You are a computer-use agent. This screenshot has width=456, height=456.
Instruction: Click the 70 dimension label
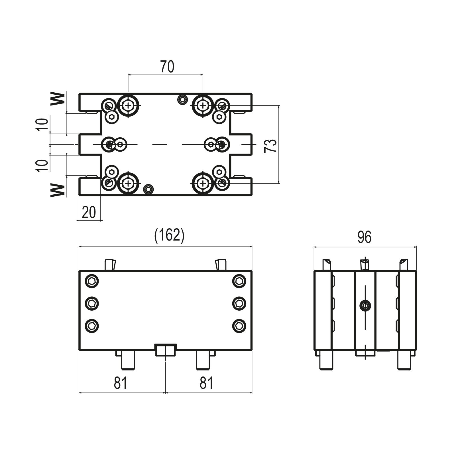click(167, 67)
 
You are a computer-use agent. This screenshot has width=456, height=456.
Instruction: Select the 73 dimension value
click(270, 146)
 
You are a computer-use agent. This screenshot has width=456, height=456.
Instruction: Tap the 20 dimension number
click(89, 212)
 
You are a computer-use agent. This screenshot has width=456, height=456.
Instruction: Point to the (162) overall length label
click(169, 236)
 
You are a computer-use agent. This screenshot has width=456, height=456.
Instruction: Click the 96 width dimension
click(365, 237)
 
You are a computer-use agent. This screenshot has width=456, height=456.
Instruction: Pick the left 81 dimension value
click(120, 383)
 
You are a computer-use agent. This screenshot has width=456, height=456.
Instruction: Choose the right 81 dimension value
click(206, 383)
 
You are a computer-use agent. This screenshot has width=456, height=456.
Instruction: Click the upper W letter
click(58, 99)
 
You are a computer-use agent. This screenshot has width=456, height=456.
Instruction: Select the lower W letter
click(58, 190)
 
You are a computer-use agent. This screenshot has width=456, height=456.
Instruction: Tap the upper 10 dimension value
click(42, 124)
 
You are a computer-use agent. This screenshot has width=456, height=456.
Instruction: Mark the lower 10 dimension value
click(42, 165)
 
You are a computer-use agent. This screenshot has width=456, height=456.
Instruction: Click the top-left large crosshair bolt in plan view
click(128, 105)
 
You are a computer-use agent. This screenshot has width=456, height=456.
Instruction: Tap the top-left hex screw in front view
click(92, 281)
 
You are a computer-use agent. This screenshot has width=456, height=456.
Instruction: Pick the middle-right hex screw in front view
click(239, 303)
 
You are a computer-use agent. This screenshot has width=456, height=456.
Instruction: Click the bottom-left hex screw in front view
click(92, 325)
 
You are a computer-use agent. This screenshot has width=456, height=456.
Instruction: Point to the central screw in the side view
click(365, 306)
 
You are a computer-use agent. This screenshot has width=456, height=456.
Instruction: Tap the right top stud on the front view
click(221, 264)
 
